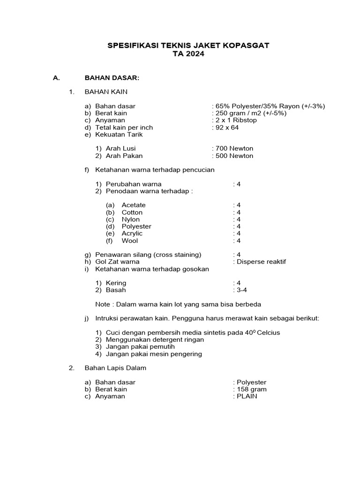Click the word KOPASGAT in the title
pyautogui.click(x=247, y=45)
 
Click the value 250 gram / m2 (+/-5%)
pyautogui.click(x=250, y=113)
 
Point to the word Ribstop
pyautogui.click(x=243, y=120)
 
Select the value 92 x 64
pyautogui.click(x=227, y=127)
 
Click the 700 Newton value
pyautogui.click(x=234, y=149)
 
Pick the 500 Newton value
pyautogui.click(x=234, y=156)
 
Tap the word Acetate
pyautogui.click(x=134, y=205)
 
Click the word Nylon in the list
pyautogui.click(x=130, y=219)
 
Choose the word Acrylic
pyautogui.click(x=132, y=233)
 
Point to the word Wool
pyautogui.click(x=130, y=240)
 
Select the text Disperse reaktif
pyautogui.click(x=261, y=262)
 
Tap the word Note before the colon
pyautogui.click(x=103, y=304)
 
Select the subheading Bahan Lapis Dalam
pyautogui.click(x=115, y=368)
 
